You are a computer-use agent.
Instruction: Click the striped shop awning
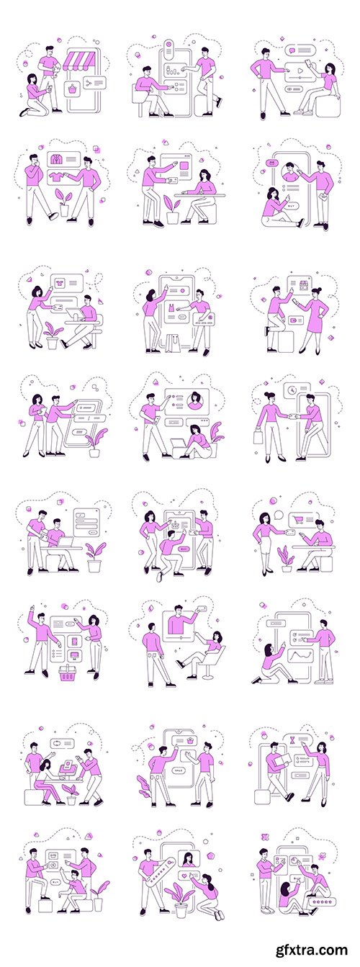pos(81,60)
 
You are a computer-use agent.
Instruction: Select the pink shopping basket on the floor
pos(68,675)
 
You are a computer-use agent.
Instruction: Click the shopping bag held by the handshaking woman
pos(258,436)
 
